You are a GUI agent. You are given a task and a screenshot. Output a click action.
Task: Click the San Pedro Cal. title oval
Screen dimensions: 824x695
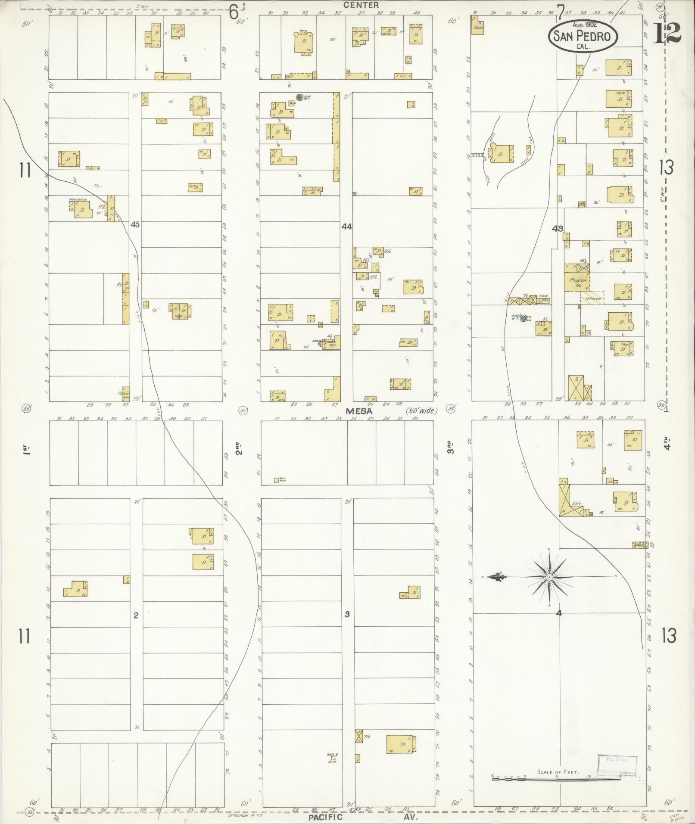coord(583,36)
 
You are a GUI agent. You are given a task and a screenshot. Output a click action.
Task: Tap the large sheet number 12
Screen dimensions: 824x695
coord(667,33)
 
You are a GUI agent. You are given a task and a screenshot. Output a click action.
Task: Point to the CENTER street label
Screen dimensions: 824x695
coord(362,5)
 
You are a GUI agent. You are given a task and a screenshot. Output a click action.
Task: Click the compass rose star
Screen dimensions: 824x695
coord(549,577)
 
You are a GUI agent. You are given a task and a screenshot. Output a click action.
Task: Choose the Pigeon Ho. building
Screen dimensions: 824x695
coord(577,279)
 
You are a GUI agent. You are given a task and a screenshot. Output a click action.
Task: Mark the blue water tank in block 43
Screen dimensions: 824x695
coord(523,318)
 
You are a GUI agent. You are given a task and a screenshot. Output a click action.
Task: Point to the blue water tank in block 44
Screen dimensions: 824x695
coord(299,97)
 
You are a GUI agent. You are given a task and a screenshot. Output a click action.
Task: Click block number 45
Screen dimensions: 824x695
coord(136,224)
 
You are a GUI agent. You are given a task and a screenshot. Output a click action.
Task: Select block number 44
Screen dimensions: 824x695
coord(346,226)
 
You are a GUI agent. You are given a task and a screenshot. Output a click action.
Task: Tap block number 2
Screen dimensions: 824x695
coord(136,616)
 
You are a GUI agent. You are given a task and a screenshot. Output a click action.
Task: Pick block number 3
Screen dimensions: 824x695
coord(347,614)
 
